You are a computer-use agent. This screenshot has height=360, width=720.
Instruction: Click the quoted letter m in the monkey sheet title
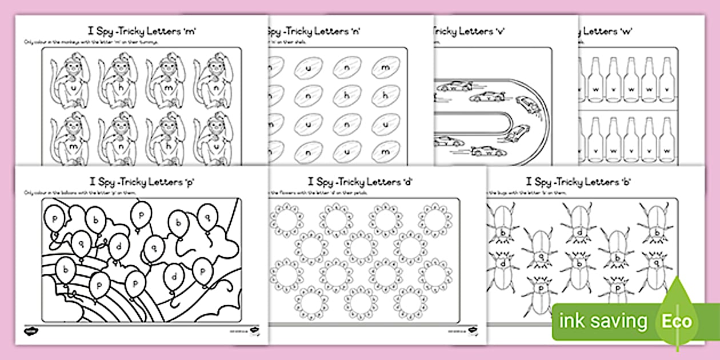pos(191,31)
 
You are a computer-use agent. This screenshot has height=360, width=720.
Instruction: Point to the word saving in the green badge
pos(619,322)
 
